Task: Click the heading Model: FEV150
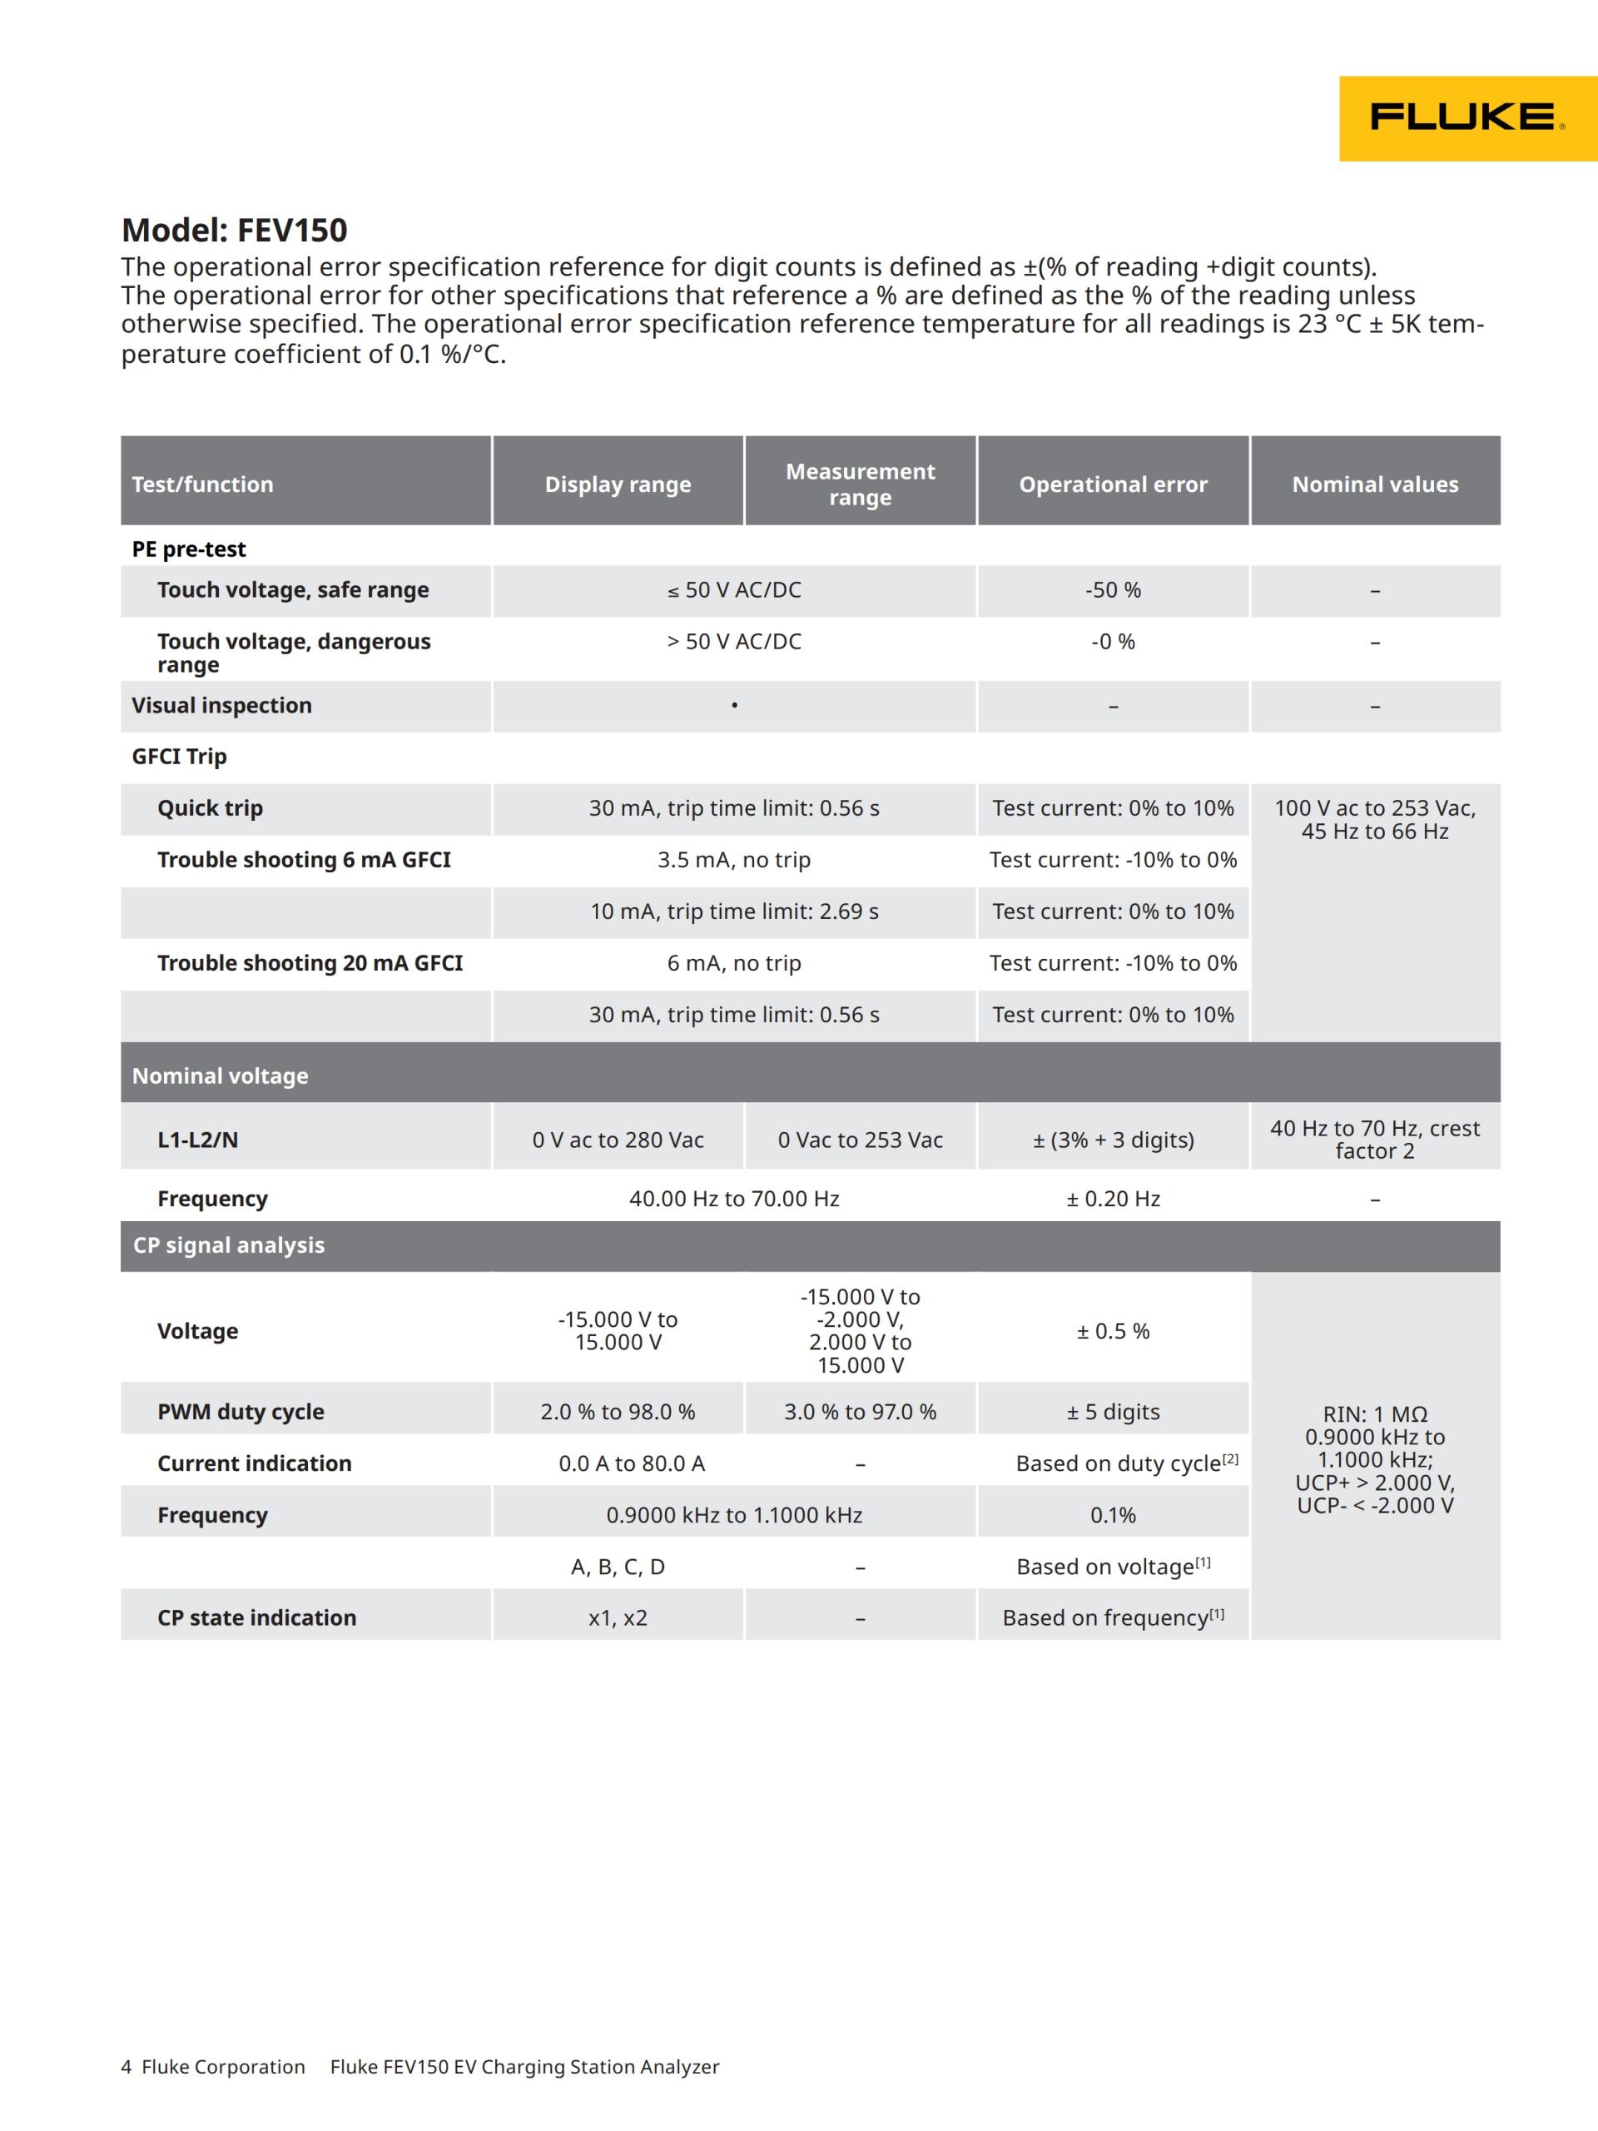click(234, 231)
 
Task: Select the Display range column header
click(618, 484)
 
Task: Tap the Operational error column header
click(1113, 484)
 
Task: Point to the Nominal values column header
click(1375, 484)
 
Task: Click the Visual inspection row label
click(221, 705)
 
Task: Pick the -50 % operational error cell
click(1113, 589)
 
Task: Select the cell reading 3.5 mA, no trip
click(734, 859)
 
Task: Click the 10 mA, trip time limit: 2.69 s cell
click(734, 912)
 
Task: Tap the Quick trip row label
click(210, 808)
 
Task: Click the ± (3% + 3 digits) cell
click(1113, 1140)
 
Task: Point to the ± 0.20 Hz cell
click(1113, 1199)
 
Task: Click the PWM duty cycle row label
click(241, 1411)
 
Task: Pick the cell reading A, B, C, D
click(618, 1567)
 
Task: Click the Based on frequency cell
click(1113, 1617)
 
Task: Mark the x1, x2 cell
click(618, 1617)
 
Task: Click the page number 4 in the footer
click(127, 2066)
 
